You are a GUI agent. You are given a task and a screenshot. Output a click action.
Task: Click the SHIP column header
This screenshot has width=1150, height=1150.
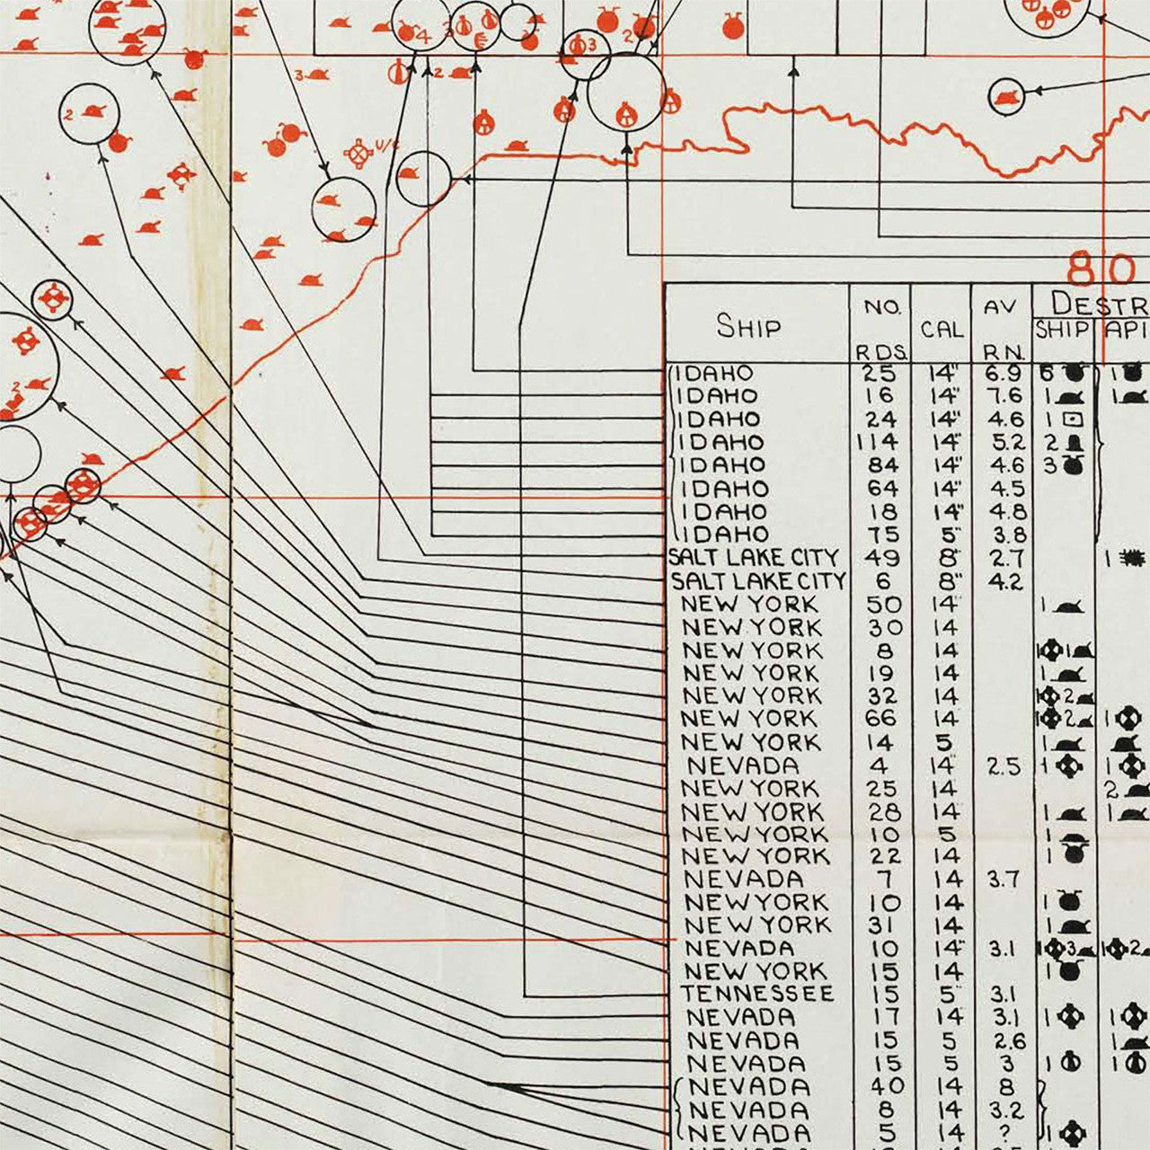click(x=747, y=326)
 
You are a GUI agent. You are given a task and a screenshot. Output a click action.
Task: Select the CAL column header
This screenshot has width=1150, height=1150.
click(x=941, y=330)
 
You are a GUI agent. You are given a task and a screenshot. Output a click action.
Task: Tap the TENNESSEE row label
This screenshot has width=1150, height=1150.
click(x=756, y=995)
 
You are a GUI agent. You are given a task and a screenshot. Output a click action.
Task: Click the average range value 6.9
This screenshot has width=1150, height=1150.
click(x=1003, y=373)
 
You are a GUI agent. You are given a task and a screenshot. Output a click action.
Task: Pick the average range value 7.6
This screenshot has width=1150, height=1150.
click(x=1003, y=396)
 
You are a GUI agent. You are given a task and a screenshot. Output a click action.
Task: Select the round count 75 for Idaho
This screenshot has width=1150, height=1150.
click(x=881, y=535)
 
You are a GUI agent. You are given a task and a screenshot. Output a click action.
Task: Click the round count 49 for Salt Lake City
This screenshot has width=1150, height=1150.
click(x=881, y=558)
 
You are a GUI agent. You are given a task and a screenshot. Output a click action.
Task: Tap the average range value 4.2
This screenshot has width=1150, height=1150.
click(x=1004, y=581)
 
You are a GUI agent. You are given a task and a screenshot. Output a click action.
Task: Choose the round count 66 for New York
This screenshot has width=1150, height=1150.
click(x=881, y=719)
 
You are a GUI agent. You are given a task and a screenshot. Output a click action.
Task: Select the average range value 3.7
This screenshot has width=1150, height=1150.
click(x=1003, y=880)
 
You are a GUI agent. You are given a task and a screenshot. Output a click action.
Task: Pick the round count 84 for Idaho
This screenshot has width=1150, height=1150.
click(x=881, y=465)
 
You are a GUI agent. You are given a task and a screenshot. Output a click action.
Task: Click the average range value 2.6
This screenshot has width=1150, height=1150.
click(x=1004, y=1040)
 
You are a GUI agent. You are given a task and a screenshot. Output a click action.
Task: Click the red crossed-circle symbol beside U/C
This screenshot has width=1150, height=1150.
click(x=360, y=154)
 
